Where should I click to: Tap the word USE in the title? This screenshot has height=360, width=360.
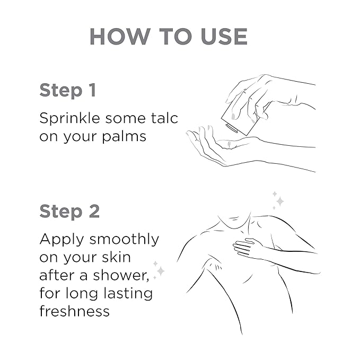pyautogui.click(x=224, y=37)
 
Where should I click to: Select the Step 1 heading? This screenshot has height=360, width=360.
pyautogui.click(x=68, y=91)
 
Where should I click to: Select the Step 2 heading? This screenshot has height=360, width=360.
pyautogui.click(x=69, y=212)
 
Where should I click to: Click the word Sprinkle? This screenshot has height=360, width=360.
pyautogui.click(x=70, y=119)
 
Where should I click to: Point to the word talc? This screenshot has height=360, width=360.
pyautogui.click(x=164, y=118)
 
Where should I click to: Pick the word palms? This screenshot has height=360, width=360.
pyautogui.click(x=124, y=137)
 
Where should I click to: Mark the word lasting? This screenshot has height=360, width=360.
pyautogui.click(x=128, y=294)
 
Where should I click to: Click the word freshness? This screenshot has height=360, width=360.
pyautogui.click(x=74, y=311)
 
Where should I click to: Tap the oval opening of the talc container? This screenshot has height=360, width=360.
pyautogui.click(x=231, y=128)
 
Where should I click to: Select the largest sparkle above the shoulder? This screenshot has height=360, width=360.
pyautogui.click(x=280, y=201)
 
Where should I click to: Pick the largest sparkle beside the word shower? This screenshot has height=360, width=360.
pyautogui.click(x=161, y=271)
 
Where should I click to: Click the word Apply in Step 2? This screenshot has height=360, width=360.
pyautogui.click(x=62, y=240)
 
